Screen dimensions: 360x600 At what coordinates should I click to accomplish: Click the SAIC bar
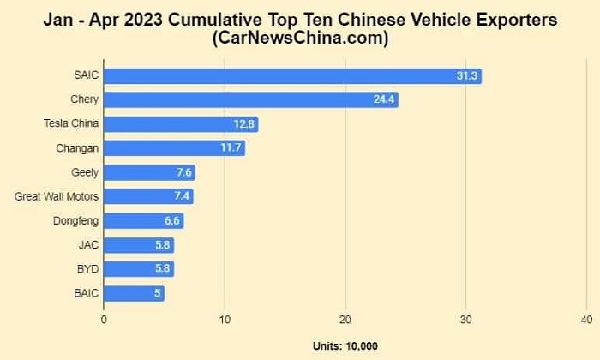point(291,75)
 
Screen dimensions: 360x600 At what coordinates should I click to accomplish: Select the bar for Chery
point(250,99)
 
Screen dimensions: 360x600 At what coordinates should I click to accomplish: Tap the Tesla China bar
point(180,124)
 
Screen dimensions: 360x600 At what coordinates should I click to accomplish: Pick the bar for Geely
point(149,172)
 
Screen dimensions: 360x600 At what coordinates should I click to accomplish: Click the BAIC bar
point(134,293)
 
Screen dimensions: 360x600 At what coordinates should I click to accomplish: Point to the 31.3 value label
point(468,75)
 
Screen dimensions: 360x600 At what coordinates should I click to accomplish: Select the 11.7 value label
point(231,148)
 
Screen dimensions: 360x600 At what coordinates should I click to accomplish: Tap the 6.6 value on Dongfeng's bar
point(171,220)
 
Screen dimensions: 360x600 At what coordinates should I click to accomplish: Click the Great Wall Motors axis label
point(57,196)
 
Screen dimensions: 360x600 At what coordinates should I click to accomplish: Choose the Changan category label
point(77,148)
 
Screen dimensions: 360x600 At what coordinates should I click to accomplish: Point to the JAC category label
point(88,245)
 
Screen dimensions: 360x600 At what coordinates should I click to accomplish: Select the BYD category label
point(87,269)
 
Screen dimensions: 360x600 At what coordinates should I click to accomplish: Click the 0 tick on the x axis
point(104,319)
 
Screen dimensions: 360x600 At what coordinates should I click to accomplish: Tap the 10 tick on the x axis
point(225,319)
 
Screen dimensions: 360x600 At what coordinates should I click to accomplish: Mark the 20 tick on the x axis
point(345,319)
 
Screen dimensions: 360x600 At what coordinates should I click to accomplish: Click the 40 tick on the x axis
point(586,319)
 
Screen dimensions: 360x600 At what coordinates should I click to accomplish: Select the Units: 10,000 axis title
point(345,345)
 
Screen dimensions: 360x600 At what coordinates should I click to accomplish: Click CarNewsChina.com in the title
point(300,39)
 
